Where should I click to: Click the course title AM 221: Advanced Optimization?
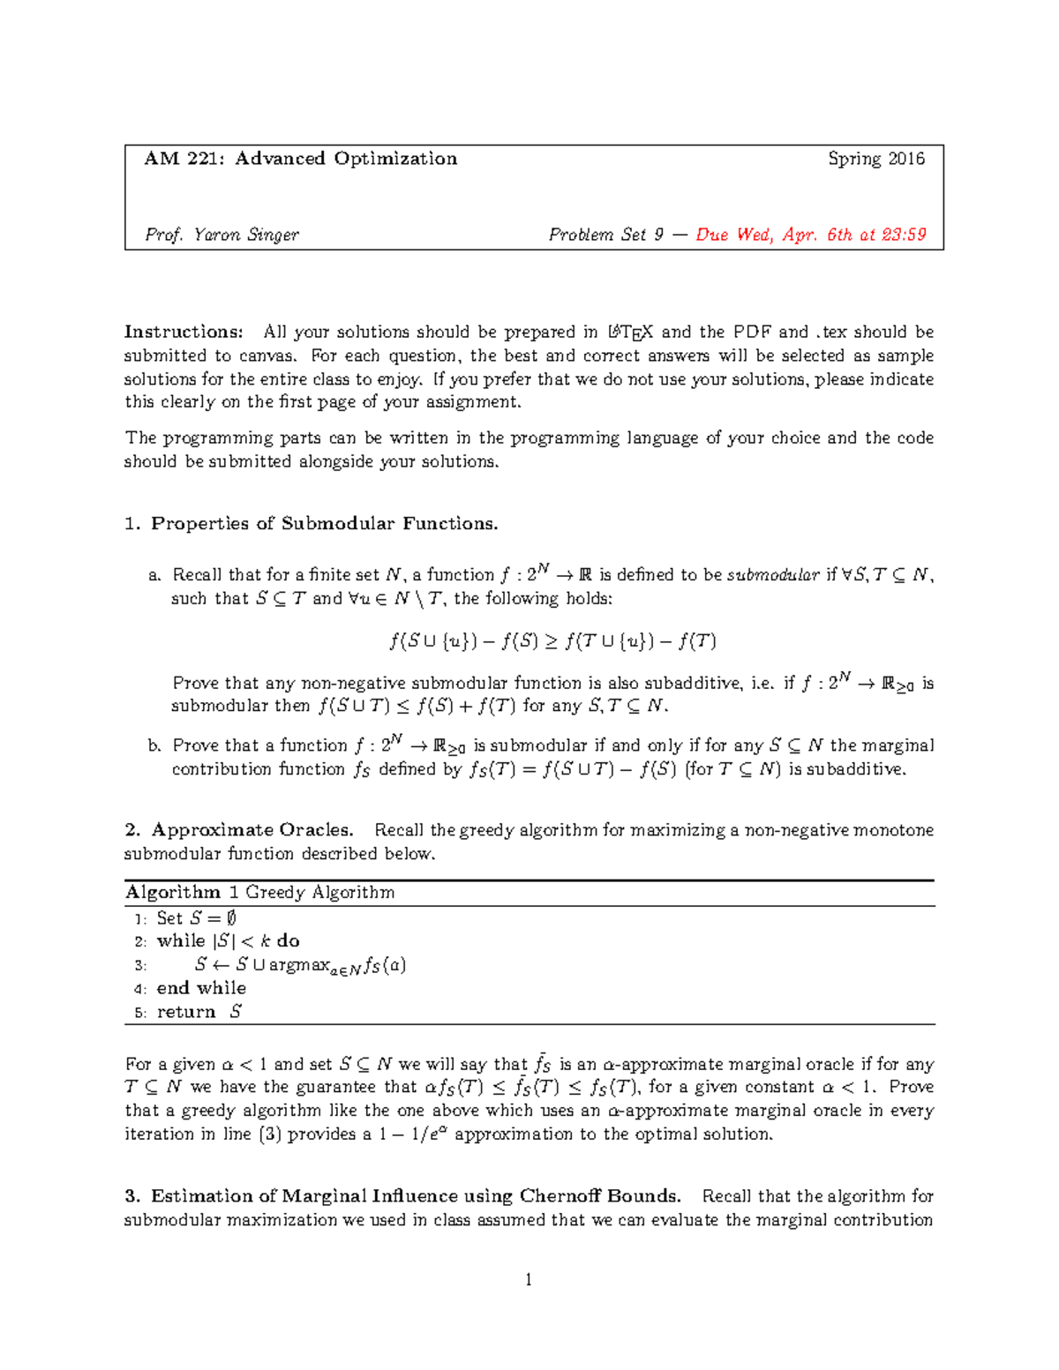click(x=300, y=159)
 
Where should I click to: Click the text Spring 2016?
click(x=875, y=159)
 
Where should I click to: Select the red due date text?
click(x=810, y=235)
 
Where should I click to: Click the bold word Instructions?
click(x=183, y=333)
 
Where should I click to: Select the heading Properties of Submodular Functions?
click(x=324, y=524)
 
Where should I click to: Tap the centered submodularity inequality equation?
click(x=552, y=641)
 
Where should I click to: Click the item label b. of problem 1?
click(x=155, y=746)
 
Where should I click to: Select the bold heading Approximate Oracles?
click(x=252, y=830)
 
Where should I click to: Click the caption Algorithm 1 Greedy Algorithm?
click(x=260, y=892)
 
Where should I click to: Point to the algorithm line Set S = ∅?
click(x=196, y=917)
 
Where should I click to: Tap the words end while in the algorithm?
click(x=201, y=988)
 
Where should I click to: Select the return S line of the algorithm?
click(x=199, y=1012)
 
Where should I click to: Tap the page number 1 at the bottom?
click(x=529, y=1280)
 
